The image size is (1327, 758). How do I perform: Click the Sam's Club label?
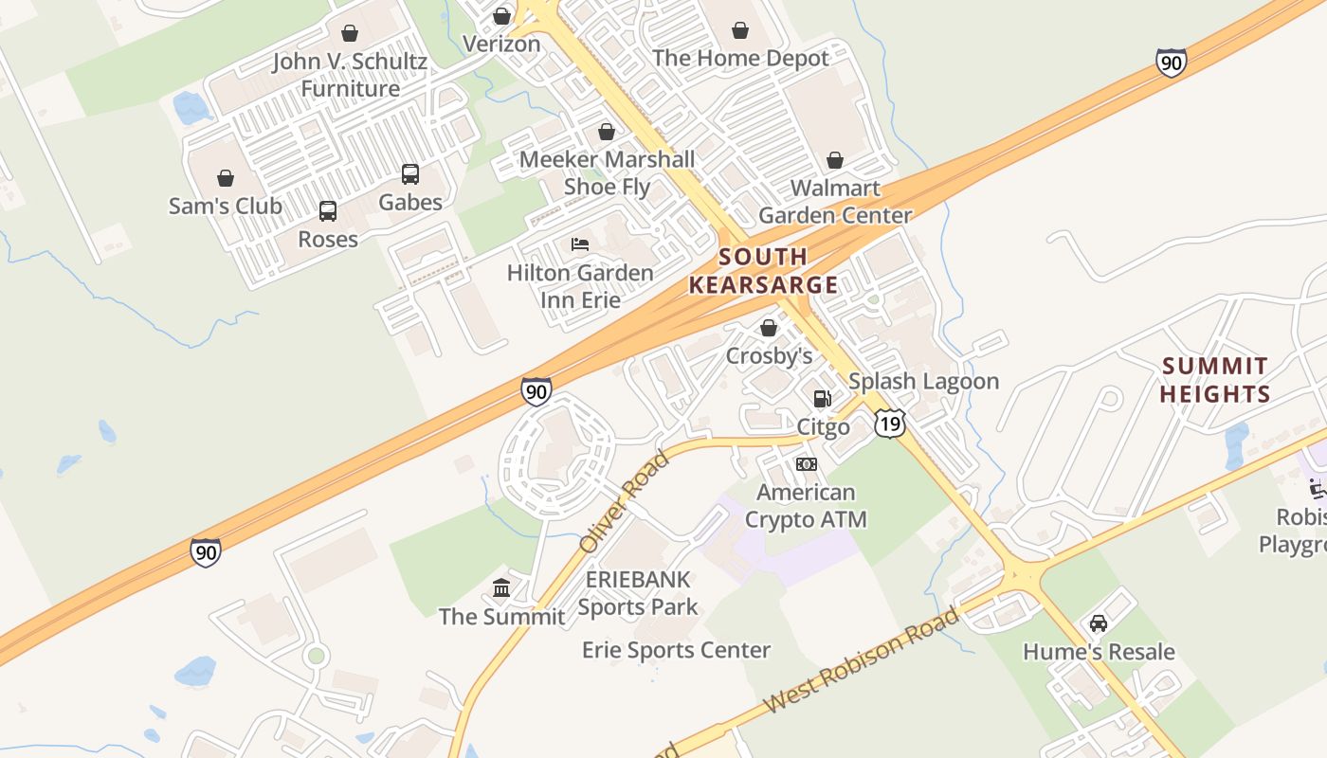[226, 206]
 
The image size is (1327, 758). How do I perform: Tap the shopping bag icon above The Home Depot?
[740, 31]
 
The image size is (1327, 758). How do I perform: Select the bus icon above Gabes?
[410, 174]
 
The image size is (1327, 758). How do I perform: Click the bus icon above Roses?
[328, 211]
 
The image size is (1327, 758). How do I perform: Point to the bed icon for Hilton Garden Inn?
[580, 244]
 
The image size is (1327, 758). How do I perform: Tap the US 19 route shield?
[890, 423]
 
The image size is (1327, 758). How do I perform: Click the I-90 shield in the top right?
[1172, 63]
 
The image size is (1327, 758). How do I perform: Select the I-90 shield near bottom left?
[206, 552]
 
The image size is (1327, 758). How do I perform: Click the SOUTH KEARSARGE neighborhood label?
[763, 271]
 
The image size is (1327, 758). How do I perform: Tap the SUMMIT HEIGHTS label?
[1215, 380]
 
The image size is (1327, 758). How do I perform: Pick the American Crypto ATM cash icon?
[807, 464]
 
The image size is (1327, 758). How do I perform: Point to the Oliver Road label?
[625, 503]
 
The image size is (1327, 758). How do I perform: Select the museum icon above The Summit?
[501, 589]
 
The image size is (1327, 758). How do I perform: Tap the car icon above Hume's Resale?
[1099, 623]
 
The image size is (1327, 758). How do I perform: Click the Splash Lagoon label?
[923, 381]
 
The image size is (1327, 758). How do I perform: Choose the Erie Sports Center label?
[676, 650]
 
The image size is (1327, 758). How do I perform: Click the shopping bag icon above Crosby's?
[769, 328]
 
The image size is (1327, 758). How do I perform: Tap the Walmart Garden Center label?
[835, 202]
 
